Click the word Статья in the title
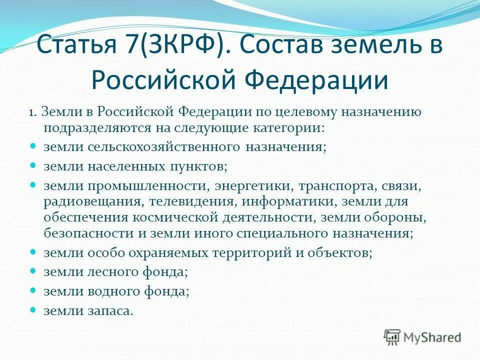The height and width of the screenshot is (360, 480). pos(75,46)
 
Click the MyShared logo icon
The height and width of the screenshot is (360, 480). pos(392,337)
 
